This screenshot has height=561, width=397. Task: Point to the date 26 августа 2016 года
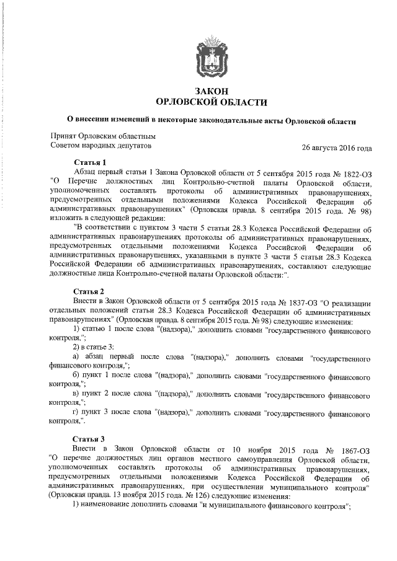[336, 148]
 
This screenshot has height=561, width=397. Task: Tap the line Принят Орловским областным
[102, 136]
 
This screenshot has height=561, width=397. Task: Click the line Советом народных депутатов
[100, 146]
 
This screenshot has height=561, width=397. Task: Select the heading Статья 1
[91, 162]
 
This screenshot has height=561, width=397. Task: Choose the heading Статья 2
[91, 291]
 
